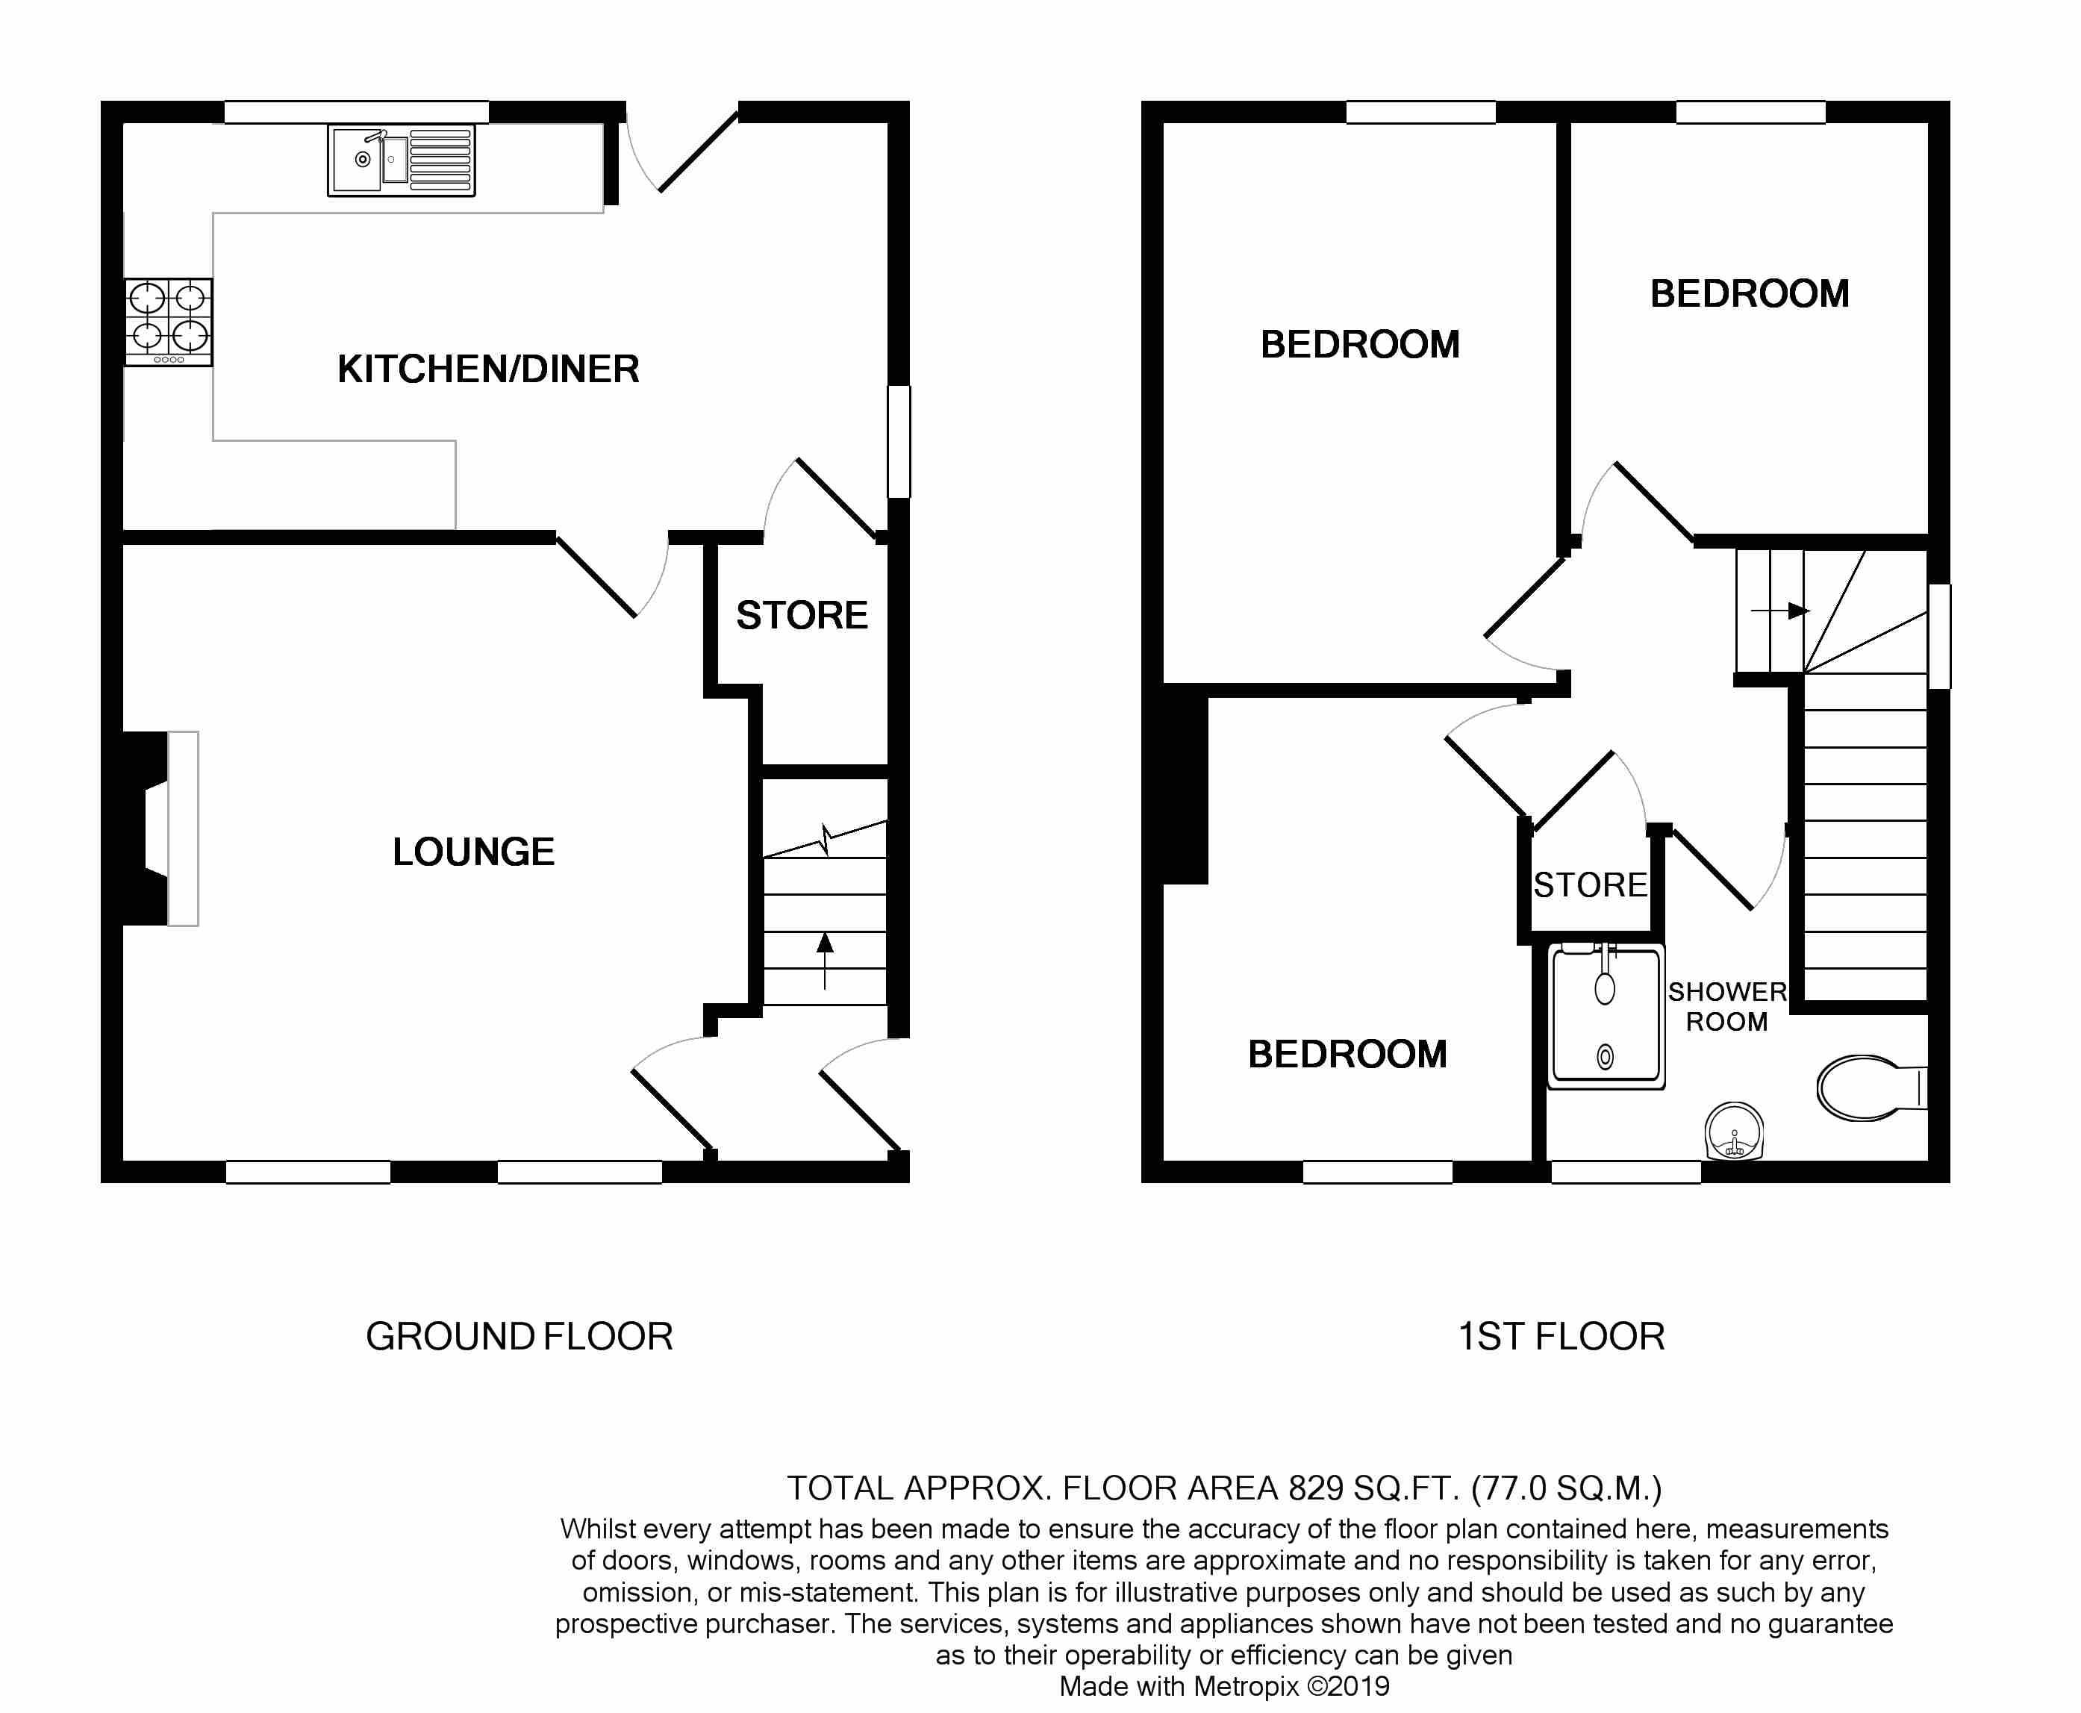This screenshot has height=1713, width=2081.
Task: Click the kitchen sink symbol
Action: pyautogui.click(x=401, y=160)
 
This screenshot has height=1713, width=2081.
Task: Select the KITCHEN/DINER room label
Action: pyautogui.click(x=488, y=369)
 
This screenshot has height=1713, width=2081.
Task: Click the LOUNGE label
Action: pyautogui.click(x=474, y=852)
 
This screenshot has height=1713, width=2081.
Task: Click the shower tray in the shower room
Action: pyautogui.click(x=1606, y=1017)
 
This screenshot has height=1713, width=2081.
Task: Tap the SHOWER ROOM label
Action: pyautogui.click(x=1726, y=1006)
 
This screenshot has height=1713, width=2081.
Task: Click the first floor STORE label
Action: pyautogui.click(x=1590, y=885)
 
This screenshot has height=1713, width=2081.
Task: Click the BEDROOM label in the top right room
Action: pyautogui.click(x=1750, y=294)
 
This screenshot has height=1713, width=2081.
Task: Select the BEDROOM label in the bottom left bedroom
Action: pyautogui.click(x=1347, y=1054)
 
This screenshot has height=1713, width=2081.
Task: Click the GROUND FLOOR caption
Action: pyautogui.click(x=519, y=1336)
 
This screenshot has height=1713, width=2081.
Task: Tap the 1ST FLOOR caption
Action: pyautogui.click(x=1561, y=1336)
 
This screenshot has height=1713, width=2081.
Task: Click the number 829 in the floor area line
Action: pyautogui.click(x=1315, y=1488)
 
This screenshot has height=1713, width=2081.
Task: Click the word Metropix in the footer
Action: pyautogui.click(x=1247, y=1686)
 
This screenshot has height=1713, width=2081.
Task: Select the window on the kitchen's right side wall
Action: pyautogui.click(x=898, y=441)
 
